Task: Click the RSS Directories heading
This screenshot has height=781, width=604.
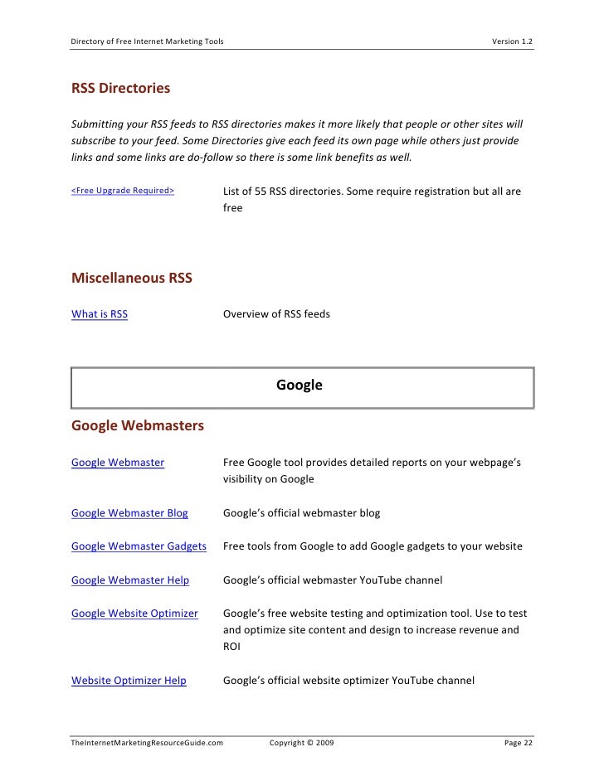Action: [121, 88]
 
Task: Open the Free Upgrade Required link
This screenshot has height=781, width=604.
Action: [123, 192]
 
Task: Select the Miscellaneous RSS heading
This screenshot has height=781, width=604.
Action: [132, 279]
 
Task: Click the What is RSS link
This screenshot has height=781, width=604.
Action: [100, 314]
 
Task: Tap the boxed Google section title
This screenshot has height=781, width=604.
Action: [300, 386]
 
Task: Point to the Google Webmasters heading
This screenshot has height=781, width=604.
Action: [138, 426]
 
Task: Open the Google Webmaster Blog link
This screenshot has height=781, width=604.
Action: [129, 513]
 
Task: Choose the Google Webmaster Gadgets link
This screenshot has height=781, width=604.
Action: [139, 546]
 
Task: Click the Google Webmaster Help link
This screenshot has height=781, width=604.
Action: [130, 580]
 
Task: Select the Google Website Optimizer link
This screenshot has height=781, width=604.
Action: [134, 614]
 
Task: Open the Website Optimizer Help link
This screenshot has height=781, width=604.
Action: [129, 681]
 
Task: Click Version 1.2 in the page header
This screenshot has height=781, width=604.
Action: [513, 41]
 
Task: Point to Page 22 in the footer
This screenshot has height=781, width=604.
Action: [519, 743]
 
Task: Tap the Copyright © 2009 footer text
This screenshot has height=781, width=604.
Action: [302, 743]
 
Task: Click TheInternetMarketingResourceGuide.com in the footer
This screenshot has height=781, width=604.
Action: [148, 743]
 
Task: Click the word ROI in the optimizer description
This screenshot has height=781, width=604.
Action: [231, 648]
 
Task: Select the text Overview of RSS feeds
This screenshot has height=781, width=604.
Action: [276, 314]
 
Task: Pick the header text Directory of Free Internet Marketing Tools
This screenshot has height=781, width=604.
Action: [147, 41]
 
